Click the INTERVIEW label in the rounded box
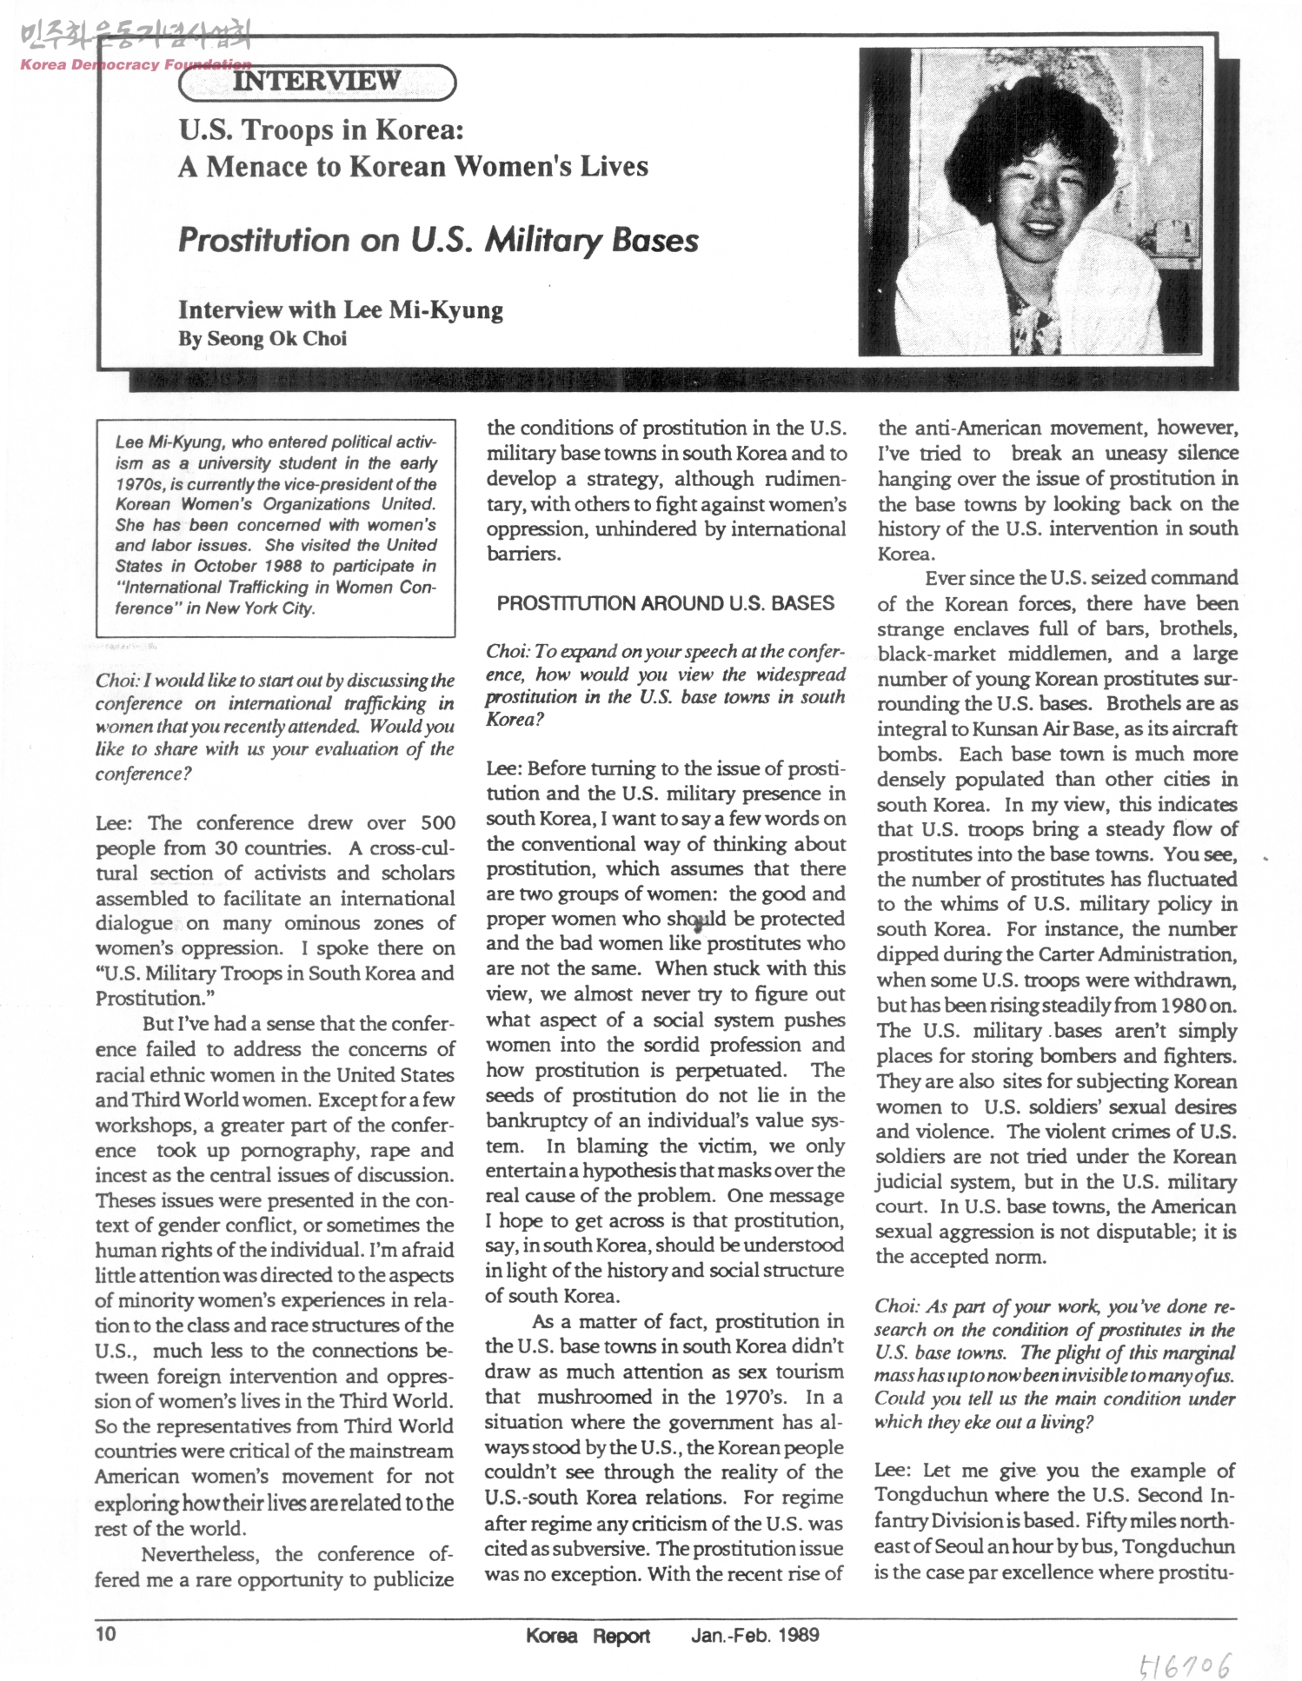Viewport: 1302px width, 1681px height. coord(317,82)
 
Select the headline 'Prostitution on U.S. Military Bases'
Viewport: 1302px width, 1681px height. coord(438,240)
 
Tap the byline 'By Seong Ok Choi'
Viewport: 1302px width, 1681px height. coord(262,339)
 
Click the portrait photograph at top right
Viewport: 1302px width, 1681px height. coord(1031,202)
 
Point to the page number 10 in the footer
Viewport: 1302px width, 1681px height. coord(105,1633)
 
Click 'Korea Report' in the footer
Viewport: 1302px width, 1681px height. coord(588,1635)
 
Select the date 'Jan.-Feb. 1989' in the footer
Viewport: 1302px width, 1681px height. coord(754,1634)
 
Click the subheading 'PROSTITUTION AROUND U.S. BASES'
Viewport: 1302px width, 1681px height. coord(666,603)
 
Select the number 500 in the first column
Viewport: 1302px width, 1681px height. coord(437,822)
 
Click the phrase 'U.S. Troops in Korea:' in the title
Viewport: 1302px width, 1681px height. coord(321,130)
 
